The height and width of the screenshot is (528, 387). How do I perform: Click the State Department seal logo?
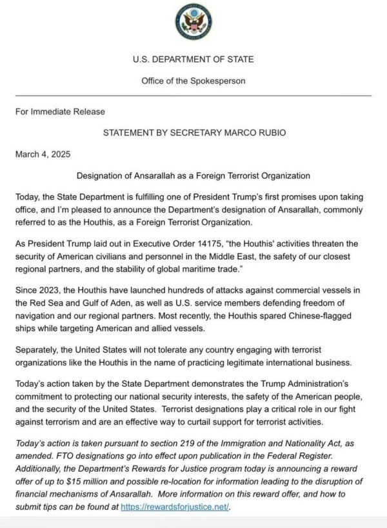(193, 23)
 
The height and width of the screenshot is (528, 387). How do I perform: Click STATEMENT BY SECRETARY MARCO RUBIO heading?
(193, 133)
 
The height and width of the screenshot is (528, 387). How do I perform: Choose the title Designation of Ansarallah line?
(193, 175)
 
